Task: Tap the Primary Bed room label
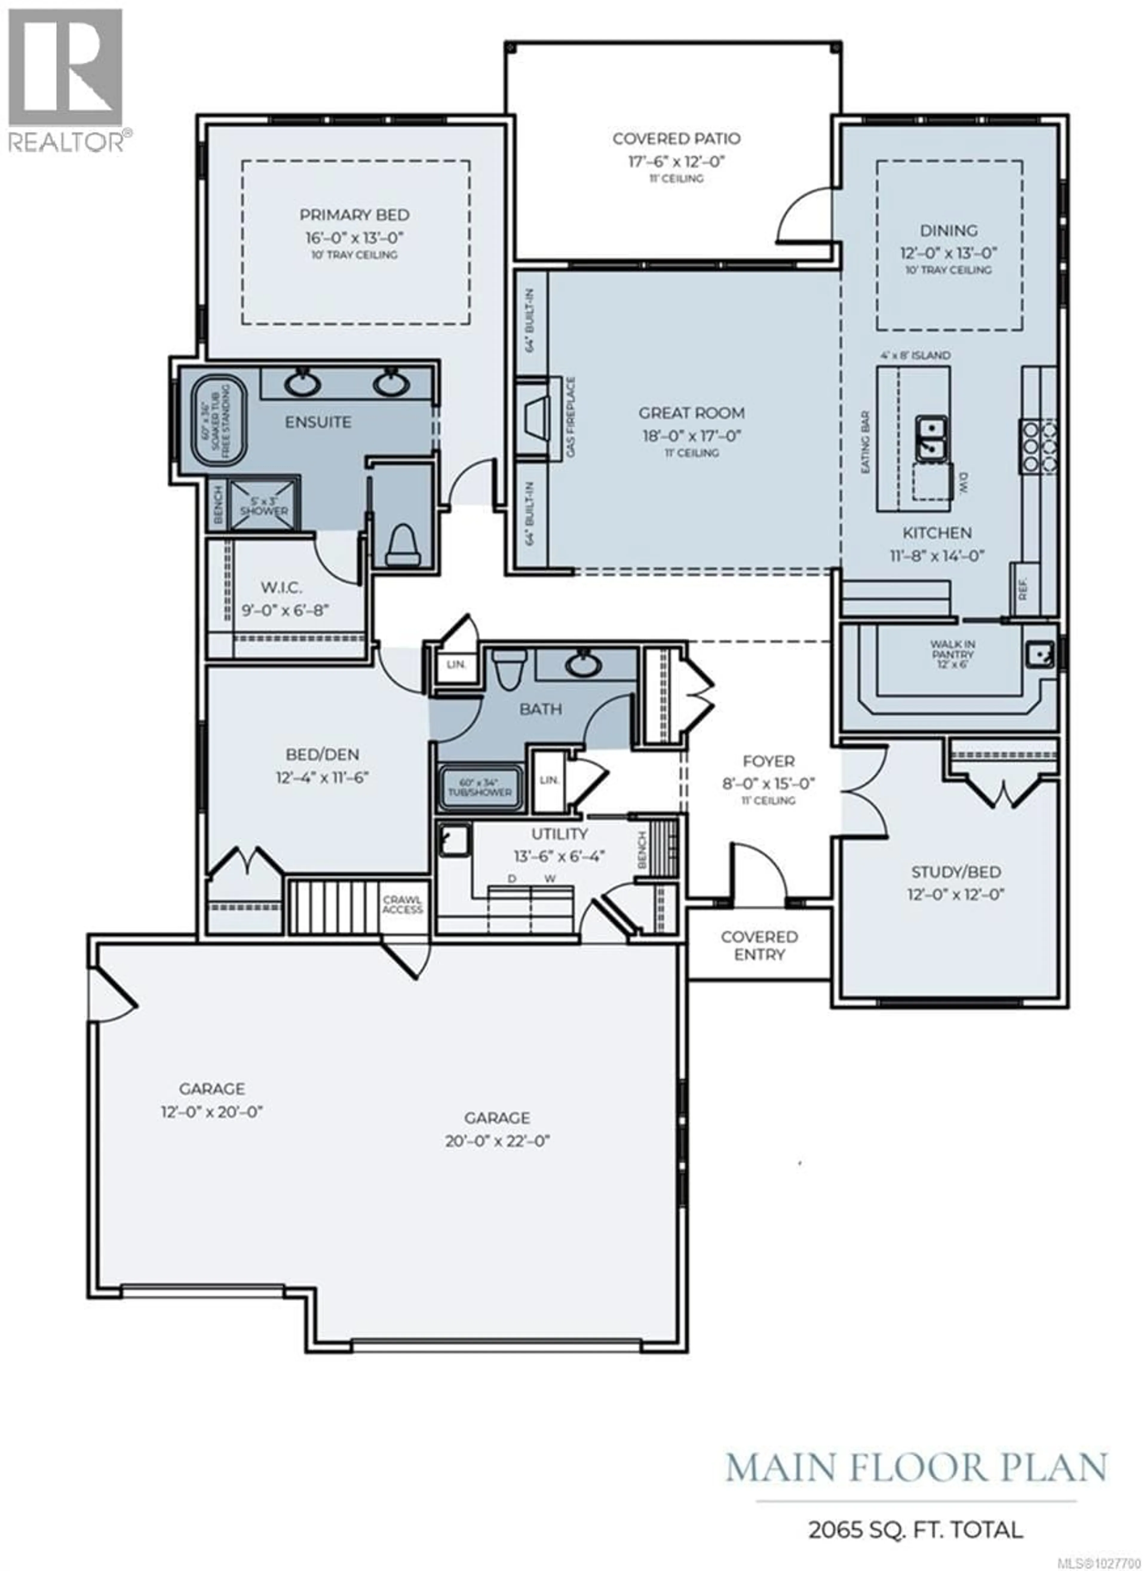[x=354, y=215]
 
